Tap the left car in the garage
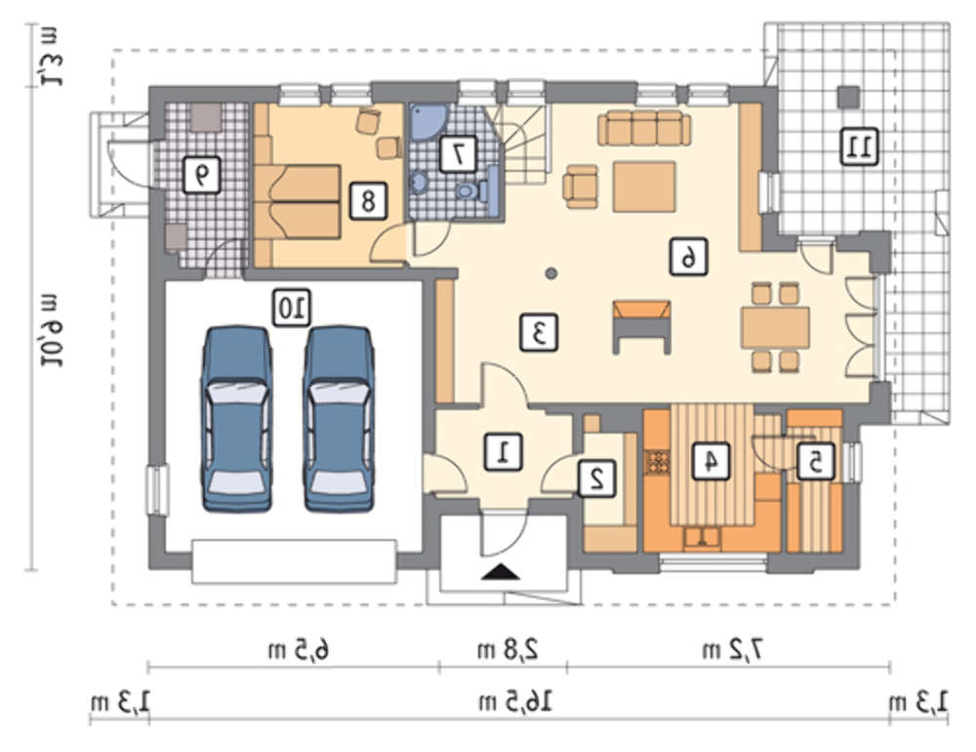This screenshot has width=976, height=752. click(x=236, y=419)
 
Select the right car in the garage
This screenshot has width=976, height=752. click(x=338, y=419)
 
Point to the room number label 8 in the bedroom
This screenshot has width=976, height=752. click(x=368, y=200)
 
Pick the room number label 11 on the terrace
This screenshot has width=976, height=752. click(x=861, y=146)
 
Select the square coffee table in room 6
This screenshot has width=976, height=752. click(x=644, y=186)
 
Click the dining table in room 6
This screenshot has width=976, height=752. click(x=775, y=327)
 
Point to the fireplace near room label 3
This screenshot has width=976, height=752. click(x=641, y=325)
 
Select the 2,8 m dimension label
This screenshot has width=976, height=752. click(x=504, y=649)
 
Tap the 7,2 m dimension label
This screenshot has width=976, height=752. click(x=729, y=649)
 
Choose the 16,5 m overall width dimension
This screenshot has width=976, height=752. click(x=518, y=701)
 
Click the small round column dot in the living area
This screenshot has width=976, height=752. click(x=551, y=273)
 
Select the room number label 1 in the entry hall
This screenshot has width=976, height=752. click(x=505, y=450)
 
